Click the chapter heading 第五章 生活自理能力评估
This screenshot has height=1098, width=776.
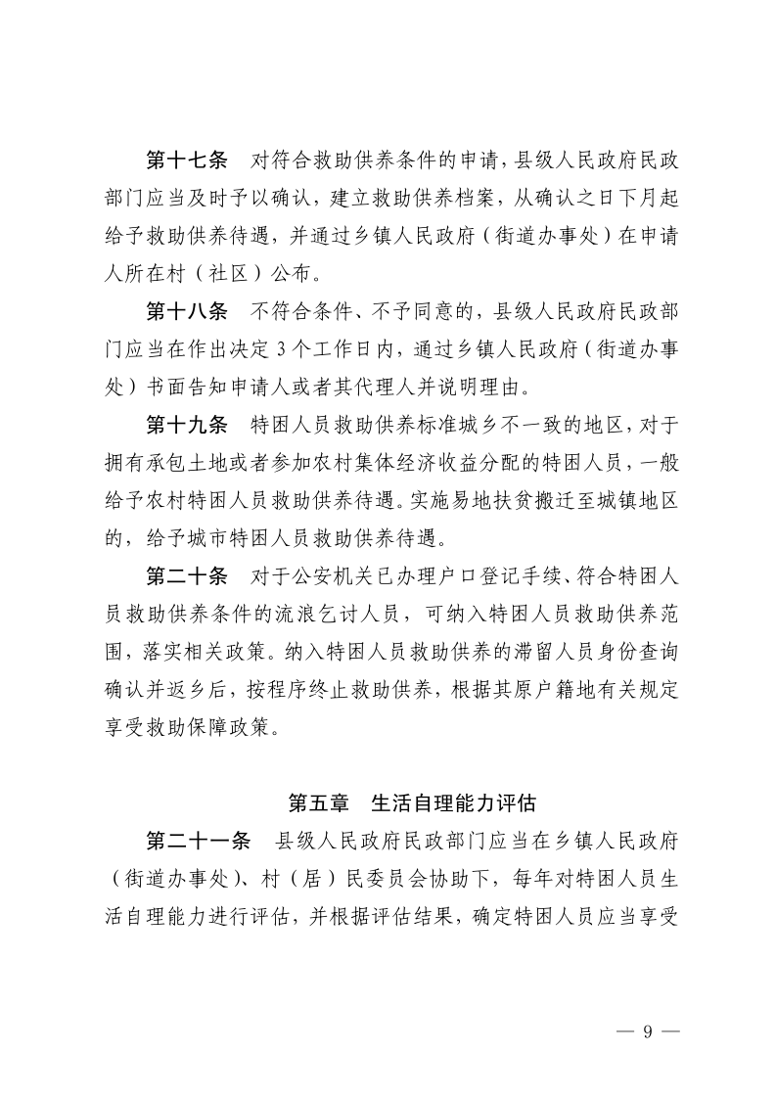(x=412, y=803)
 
